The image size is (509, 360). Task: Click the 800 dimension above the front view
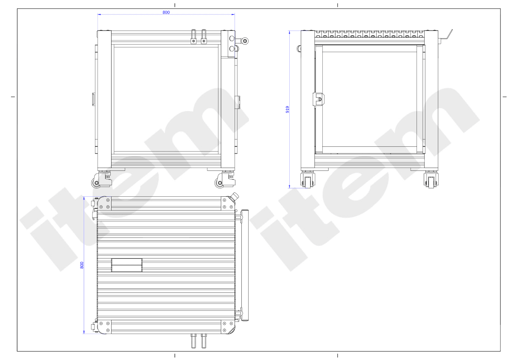coord(166,12)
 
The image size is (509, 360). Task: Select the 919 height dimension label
coord(288,109)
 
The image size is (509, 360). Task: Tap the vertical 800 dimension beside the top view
coord(82,265)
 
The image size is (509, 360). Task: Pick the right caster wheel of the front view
coord(219,183)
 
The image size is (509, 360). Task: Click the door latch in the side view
coord(319,99)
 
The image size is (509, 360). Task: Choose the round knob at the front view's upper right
coord(245,41)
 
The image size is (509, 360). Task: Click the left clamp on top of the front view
coord(193,36)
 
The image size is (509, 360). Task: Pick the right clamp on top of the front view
coord(204,36)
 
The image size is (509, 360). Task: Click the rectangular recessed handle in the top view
coord(127,265)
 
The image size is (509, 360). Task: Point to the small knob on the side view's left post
coord(299,48)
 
